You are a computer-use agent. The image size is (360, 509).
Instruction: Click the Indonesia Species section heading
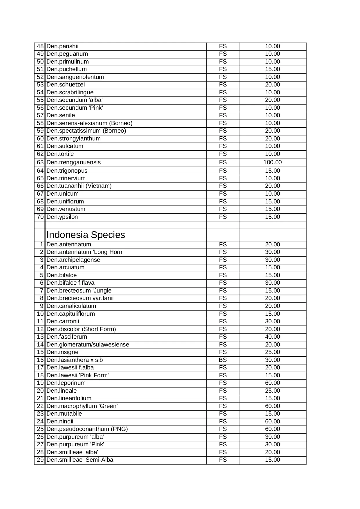point(86,235)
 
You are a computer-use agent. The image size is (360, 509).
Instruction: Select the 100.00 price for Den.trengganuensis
point(272,163)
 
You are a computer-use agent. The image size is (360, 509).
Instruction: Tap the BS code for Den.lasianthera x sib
point(222,360)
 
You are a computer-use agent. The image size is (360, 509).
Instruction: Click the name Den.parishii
point(62,46)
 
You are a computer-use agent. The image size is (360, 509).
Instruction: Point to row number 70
point(40,217)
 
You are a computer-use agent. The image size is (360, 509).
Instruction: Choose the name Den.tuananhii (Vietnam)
point(79,186)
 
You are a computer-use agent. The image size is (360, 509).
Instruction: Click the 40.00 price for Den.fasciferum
point(272,337)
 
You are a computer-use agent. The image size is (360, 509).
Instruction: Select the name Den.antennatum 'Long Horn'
point(85,252)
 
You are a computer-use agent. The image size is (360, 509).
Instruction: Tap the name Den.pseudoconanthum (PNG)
point(87,429)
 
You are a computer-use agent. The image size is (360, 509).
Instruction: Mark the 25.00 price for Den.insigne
point(272,352)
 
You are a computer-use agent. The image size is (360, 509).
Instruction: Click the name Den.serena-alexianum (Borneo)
point(89,123)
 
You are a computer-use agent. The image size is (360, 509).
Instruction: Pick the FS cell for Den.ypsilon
point(222,217)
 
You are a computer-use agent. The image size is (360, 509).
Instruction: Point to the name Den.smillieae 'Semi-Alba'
point(80,460)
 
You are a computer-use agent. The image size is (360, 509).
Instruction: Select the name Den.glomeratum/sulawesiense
point(88,345)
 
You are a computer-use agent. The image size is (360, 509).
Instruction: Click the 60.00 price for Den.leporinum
point(272,383)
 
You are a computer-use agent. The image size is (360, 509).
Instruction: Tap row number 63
point(40,163)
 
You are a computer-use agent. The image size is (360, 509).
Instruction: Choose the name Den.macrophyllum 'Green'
point(82,406)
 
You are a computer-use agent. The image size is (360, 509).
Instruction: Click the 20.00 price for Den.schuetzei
point(272,85)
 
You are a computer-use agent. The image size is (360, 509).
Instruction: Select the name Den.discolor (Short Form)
point(81,329)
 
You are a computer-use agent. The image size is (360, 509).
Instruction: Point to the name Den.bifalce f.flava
point(70,283)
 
